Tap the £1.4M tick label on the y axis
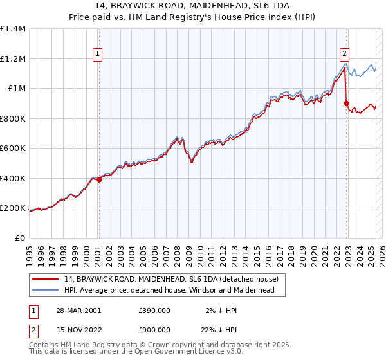pyautogui.click(x=13, y=29)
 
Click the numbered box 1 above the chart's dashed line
pyautogui.click(x=98, y=54)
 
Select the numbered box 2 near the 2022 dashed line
pyautogui.click(x=345, y=54)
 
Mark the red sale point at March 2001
pyautogui.click(x=100, y=180)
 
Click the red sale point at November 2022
pyautogui.click(x=347, y=102)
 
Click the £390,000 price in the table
pyautogui.click(x=154, y=310)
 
